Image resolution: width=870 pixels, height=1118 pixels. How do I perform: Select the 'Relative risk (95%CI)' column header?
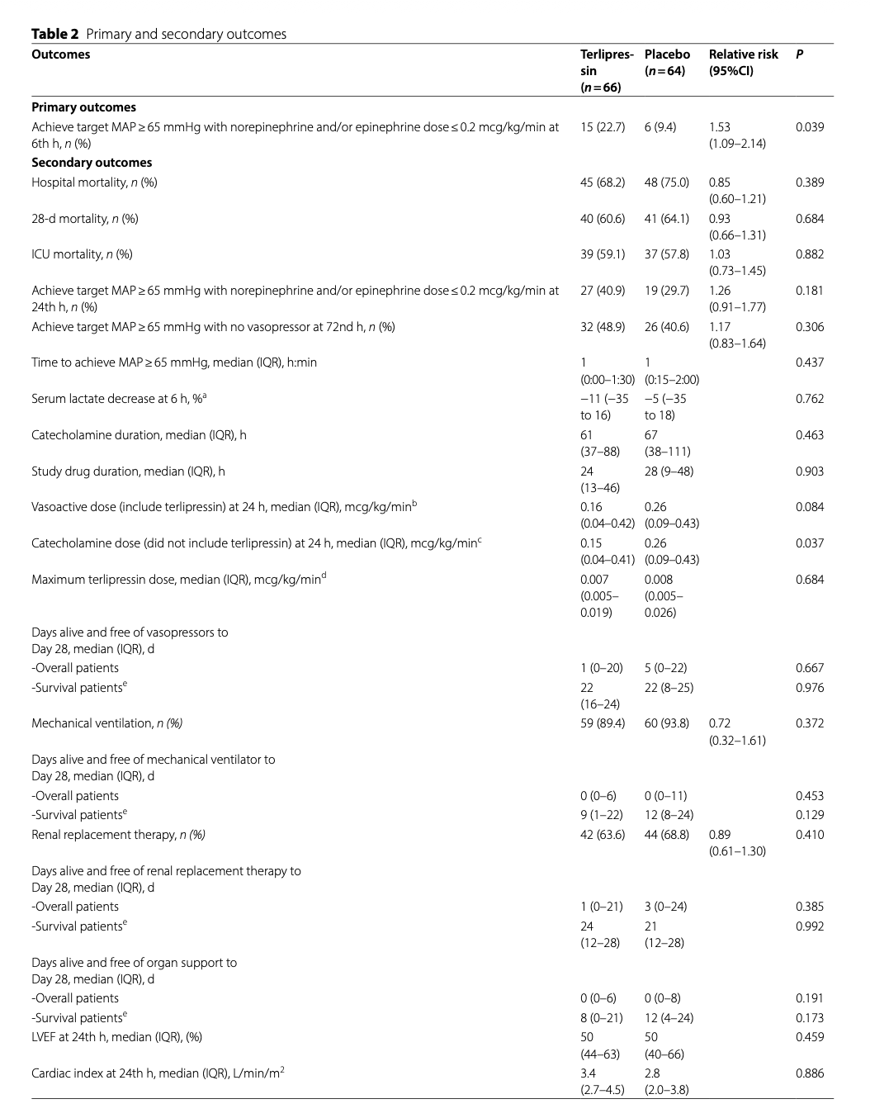(x=743, y=63)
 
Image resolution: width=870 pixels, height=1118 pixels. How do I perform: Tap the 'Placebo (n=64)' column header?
(x=667, y=63)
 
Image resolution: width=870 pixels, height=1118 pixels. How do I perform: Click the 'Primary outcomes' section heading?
(x=83, y=107)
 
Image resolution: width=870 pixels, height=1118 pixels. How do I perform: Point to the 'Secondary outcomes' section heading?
(x=92, y=163)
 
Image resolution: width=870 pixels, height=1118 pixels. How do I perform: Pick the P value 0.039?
(x=809, y=127)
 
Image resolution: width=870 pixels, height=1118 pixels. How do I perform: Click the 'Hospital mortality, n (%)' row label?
(x=94, y=182)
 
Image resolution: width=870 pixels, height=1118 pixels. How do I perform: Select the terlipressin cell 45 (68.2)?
(x=603, y=182)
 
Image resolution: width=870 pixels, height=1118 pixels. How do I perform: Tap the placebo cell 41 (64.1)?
(x=666, y=219)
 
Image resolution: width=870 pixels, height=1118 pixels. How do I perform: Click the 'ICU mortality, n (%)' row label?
(x=82, y=254)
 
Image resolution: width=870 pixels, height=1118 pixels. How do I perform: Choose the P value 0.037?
(x=809, y=543)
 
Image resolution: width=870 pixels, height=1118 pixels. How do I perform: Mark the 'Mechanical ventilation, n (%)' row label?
(x=106, y=723)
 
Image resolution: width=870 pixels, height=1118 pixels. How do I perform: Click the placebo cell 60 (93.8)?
(x=666, y=723)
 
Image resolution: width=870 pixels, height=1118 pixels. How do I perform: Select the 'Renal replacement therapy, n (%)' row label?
(x=118, y=835)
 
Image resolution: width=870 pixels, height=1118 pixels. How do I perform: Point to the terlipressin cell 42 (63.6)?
(x=603, y=835)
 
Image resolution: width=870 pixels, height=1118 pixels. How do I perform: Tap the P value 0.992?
(x=809, y=926)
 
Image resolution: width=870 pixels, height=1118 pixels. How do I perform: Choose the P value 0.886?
(x=809, y=1073)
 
